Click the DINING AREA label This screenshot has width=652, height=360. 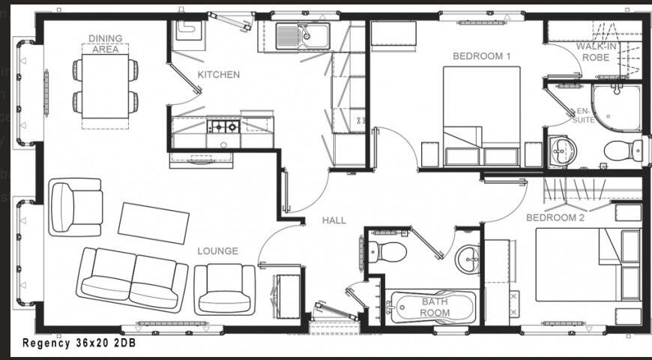pyautogui.click(x=105, y=44)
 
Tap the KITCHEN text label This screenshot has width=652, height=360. pyautogui.click(x=219, y=75)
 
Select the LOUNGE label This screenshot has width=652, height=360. pyautogui.click(x=218, y=251)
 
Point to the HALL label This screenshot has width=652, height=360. pyautogui.click(x=334, y=220)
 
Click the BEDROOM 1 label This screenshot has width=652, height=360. pyautogui.click(x=481, y=56)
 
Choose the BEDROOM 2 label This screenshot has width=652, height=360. pyautogui.click(x=555, y=218)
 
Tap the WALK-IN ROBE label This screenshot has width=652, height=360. pyautogui.click(x=597, y=51)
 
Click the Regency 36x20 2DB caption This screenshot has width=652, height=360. pyautogui.click(x=79, y=343)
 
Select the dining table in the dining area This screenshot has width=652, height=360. pyautogui.click(x=105, y=86)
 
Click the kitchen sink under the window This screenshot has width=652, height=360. pyautogui.click(x=301, y=36)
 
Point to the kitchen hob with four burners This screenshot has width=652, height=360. pyautogui.click(x=223, y=126)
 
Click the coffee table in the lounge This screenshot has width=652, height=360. pyautogui.click(x=154, y=222)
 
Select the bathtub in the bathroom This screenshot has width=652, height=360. pyautogui.click(x=434, y=308)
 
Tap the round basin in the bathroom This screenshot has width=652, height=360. pyautogui.click(x=468, y=259)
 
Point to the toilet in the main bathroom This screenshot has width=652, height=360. pyautogui.click(x=387, y=251)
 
